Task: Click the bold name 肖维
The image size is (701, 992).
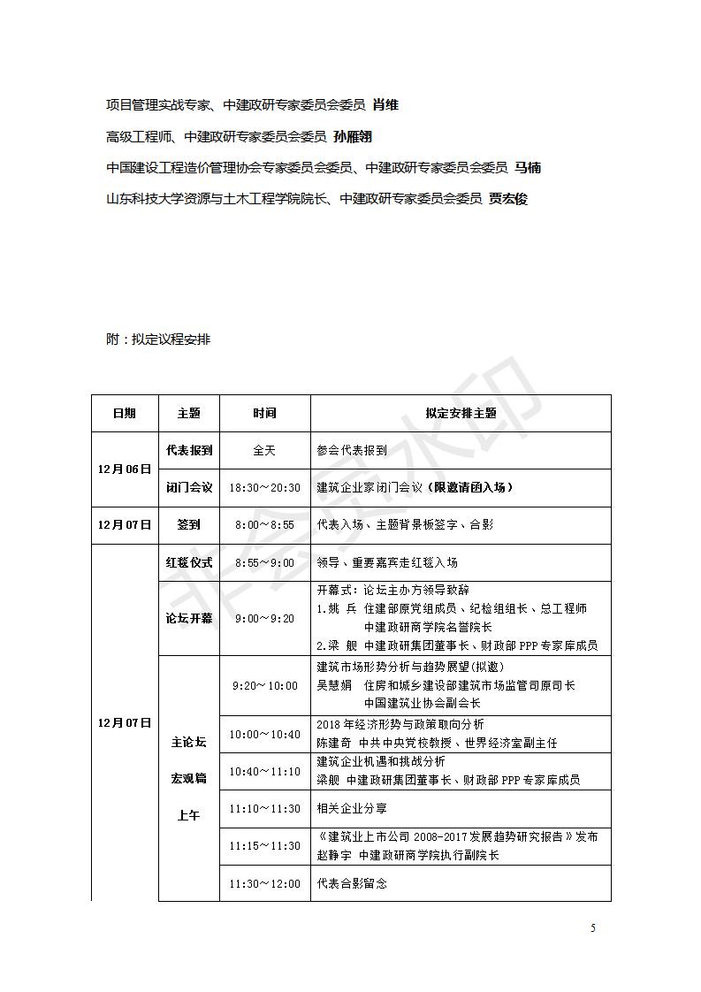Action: pyautogui.click(x=385, y=104)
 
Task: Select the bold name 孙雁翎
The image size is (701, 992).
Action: pyautogui.click(x=353, y=136)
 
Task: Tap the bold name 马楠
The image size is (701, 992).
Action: pyautogui.click(x=528, y=167)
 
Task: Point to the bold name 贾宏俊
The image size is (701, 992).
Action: pyautogui.click(x=508, y=199)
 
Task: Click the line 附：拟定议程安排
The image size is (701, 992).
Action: pyautogui.click(x=158, y=339)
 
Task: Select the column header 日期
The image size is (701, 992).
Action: pyautogui.click(x=125, y=413)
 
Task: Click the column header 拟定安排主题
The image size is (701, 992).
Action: pyautogui.click(x=461, y=413)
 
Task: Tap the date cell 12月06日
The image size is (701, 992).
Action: pyautogui.click(x=125, y=469)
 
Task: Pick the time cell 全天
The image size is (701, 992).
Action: pyautogui.click(x=264, y=450)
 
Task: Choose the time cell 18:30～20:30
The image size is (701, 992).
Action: pyautogui.click(x=264, y=487)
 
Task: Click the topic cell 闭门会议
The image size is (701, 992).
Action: pyautogui.click(x=189, y=487)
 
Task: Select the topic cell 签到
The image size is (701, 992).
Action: pyautogui.click(x=189, y=524)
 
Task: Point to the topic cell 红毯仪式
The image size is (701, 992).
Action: pyautogui.click(x=189, y=562)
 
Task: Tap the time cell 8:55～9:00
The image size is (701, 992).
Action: pyautogui.click(x=264, y=562)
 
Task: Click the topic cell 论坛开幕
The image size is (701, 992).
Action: pyautogui.click(x=189, y=618)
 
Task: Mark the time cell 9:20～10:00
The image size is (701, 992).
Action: pyautogui.click(x=264, y=685)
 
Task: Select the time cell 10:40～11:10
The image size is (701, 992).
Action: pyautogui.click(x=264, y=771)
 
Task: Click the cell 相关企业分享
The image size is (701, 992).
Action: pyautogui.click(x=352, y=808)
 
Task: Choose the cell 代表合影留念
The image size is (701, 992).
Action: pyautogui.click(x=352, y=883)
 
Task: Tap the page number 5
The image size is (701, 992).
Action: pyautogui.click(x=593, y=927)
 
